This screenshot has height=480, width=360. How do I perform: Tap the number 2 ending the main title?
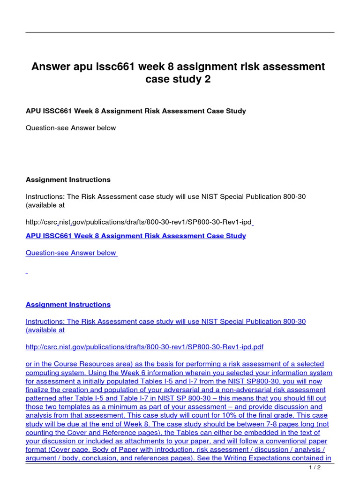[x=208, y=80]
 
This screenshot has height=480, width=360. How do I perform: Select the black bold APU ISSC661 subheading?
[x=135, y=111]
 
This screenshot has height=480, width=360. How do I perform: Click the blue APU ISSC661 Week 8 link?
[x=135, y=236]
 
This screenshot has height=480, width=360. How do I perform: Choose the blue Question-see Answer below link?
[x=71, y=253]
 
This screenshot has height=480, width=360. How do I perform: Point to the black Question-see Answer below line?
[x=71, y=128]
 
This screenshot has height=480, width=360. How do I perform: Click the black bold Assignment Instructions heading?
[x=68, y=180]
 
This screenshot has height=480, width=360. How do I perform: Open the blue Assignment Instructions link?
[x=68, y=305]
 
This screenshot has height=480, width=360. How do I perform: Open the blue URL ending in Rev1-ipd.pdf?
[x=144, y=347]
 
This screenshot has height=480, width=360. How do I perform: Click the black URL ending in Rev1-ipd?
[x=139, y=222]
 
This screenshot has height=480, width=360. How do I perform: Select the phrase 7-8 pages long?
[x=292, y=424]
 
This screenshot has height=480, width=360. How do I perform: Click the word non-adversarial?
[x=231, y=390]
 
